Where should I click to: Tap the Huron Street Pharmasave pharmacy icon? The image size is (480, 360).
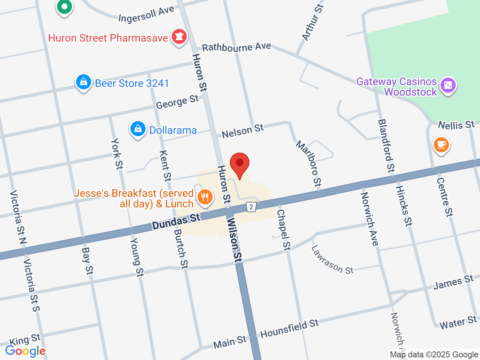(179, 37)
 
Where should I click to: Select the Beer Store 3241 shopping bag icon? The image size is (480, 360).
(83, 82)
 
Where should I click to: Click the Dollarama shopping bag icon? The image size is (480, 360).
(138, 129)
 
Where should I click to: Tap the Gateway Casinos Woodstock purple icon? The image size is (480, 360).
(448, 85)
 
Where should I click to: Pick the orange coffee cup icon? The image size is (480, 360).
(441, 145)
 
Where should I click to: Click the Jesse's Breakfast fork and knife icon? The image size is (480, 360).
(205, 196)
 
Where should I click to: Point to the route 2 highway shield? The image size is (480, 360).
(251, 207)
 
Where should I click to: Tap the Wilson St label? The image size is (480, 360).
(234, 240)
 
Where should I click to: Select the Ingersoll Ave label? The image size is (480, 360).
(146, 14)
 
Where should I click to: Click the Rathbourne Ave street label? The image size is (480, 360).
(236, 47)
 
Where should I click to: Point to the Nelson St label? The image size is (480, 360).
(243, 131)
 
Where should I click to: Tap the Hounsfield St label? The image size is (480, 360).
(289, 328)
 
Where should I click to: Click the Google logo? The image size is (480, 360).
(25, 351)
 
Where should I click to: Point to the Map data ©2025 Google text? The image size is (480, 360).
(434, 354)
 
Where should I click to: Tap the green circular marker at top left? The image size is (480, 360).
(64, 7)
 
